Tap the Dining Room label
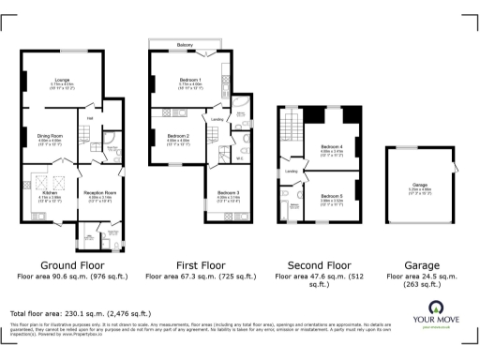[49, 137]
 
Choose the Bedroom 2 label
[178, 137]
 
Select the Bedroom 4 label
[332, 147]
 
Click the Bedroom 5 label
[332, 195]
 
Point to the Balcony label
[184, 44]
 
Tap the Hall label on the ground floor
[90, 118]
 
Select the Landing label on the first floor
[217, 120]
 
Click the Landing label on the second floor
[292, 172]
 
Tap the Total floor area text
[80, 313]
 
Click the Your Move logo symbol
[436, 307]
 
